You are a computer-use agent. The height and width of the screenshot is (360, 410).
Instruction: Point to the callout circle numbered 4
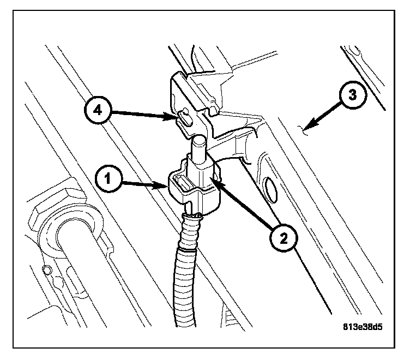tap(97, 111)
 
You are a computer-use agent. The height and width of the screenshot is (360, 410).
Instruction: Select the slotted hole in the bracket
tap(185, 118)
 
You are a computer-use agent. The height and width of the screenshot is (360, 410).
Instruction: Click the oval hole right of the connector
tap(269, 189)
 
